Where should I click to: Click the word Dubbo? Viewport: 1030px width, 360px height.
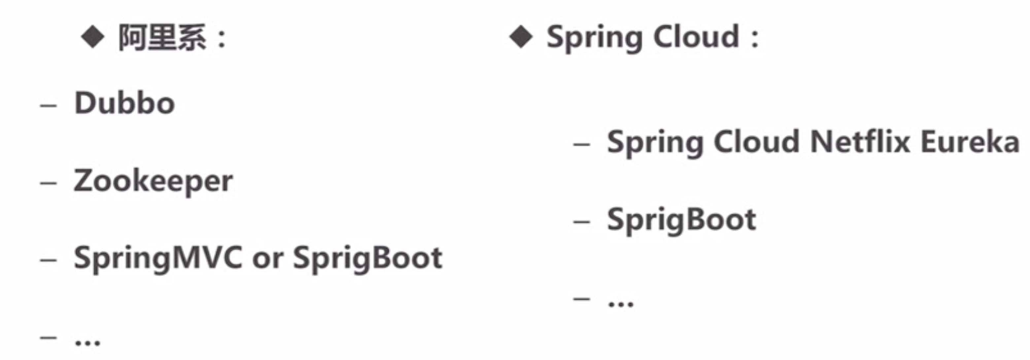pos(125,103)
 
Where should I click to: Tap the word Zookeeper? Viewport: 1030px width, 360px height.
pos(153,181)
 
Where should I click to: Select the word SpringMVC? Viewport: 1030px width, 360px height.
pos(158,258)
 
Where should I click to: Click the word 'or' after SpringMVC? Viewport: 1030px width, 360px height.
pos(267,259)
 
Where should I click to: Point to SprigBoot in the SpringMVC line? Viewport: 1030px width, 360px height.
pos(367,258)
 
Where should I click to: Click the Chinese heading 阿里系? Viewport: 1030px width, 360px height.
pos(162,38)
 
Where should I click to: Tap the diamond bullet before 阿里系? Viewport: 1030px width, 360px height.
pos(93,38)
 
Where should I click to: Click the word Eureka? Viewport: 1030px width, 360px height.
pos(970,142)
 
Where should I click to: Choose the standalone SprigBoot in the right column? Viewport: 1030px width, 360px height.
pos(681,220)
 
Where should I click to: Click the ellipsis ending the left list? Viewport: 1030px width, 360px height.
pos(87,342)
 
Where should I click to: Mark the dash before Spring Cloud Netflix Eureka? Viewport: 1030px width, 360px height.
pos(581,144)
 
